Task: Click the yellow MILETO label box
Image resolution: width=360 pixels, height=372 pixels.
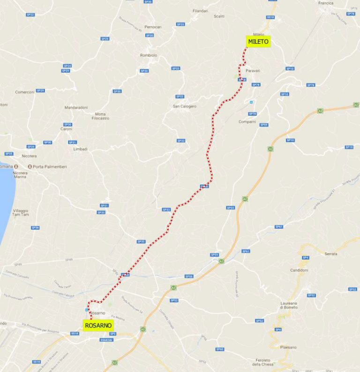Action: pos(258,42)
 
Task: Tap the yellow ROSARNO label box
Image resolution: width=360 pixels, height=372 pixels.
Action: pos(98,325)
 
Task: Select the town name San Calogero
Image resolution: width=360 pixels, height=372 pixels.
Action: pos(185,106)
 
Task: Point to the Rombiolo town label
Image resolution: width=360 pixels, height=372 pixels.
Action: pos(149,55)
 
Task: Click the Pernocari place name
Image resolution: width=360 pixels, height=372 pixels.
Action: pos(153,27)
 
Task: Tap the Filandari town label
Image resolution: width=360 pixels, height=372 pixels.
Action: pos(200,10)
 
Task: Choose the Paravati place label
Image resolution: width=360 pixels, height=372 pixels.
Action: pos(253,71)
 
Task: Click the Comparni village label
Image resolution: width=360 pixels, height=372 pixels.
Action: pos(247,122)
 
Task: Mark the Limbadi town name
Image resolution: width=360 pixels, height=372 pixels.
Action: pos(81,149)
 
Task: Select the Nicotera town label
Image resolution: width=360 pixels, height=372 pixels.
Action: pos(29,156)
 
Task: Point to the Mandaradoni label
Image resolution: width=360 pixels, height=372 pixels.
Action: pos(76,107)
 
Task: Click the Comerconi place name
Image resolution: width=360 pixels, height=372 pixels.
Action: pos(25,92)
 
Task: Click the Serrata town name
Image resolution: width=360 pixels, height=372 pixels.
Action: pos(330,253)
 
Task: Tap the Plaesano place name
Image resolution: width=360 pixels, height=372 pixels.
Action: pos(288,347)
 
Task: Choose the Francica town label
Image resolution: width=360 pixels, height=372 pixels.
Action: pos(339,3)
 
